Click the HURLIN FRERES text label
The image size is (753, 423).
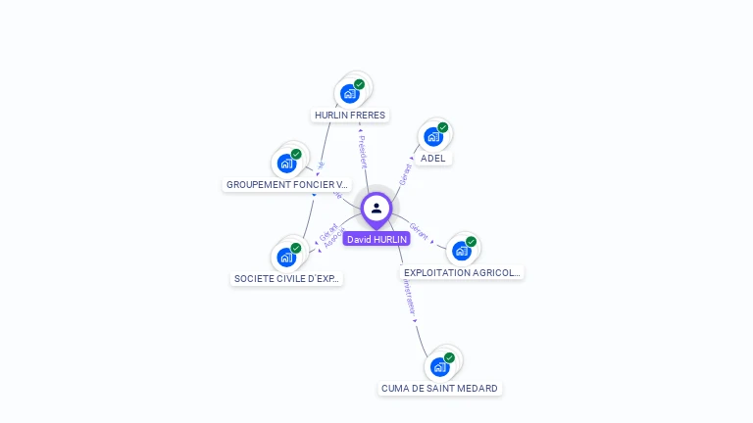click(x=350, y=116)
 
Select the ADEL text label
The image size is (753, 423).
click(x=432, y=159)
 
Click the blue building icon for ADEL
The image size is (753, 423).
click(x=432, y=137)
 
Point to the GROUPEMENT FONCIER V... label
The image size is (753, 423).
click(x=286, y=184)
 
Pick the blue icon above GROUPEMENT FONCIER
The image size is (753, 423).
click(x=285, y=163)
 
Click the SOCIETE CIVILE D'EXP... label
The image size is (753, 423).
click(x=286, y=278)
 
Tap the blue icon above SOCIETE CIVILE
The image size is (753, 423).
click(x=285, y=257)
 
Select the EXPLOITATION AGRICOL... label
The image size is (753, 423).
click(x=462, y=272)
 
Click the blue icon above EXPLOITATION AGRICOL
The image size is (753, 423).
click(x=461, y=251)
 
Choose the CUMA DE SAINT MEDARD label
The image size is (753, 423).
click(x=439, y=389)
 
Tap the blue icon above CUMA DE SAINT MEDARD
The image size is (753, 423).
click(x=439, y=367)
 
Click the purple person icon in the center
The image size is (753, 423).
click(x=376, y=209)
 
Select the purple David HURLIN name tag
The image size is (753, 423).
click(x=376, y=239)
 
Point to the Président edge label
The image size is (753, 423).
click(x=362, y=150)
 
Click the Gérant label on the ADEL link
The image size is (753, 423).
click(x=404, y=174)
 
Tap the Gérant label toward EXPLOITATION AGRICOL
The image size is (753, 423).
click(x=419, y=231)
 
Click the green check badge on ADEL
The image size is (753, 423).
click(x=443, y=127)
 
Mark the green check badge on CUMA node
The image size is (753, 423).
click(x=449, y=357)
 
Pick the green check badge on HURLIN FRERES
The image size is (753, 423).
click(x=359, y=85)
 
